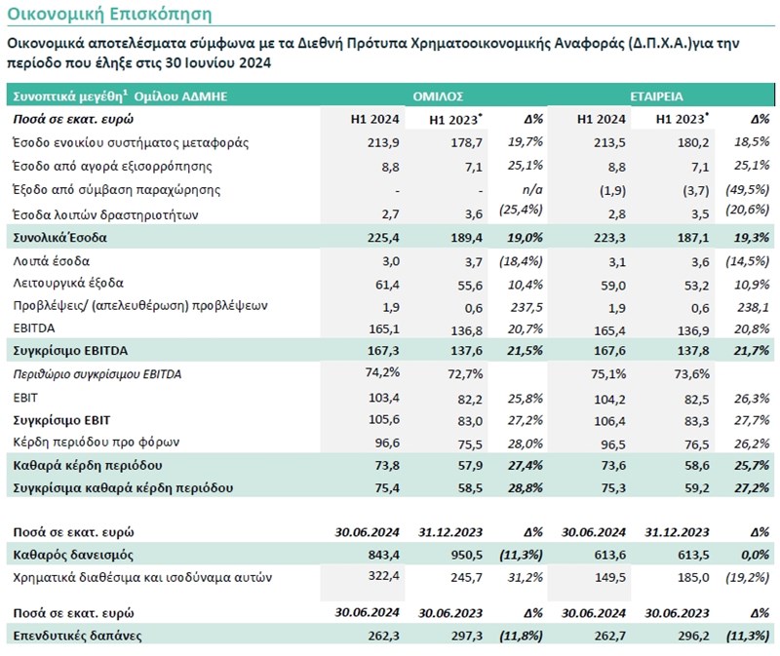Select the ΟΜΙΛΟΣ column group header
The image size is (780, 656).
pos(436,96)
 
